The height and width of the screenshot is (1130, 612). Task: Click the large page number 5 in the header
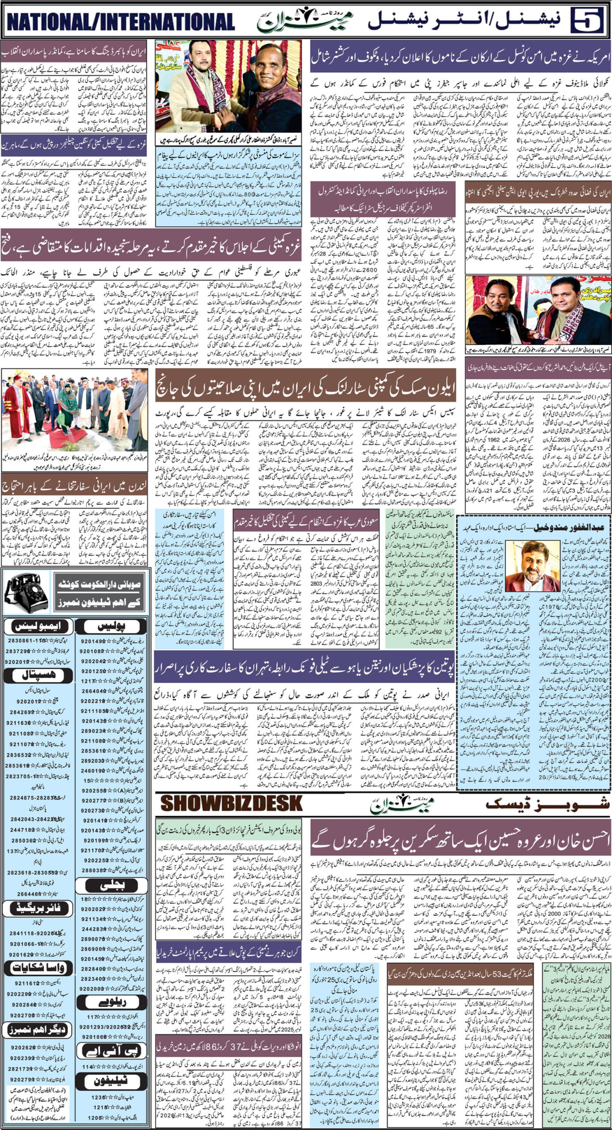590,21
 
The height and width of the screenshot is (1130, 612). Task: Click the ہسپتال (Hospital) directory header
38,675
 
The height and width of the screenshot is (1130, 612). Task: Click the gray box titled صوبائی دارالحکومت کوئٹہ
99,592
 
